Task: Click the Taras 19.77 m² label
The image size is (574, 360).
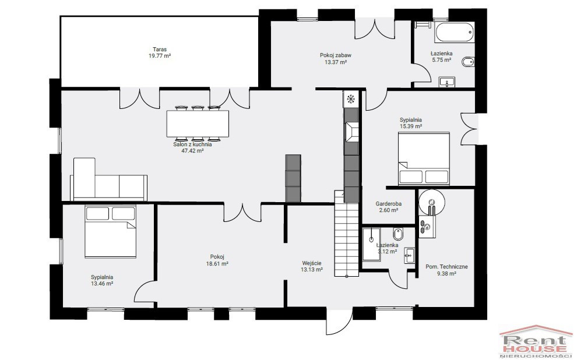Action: [160, 52]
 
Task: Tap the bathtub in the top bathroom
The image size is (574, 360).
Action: [455, 32]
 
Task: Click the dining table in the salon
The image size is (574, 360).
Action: [198, 123]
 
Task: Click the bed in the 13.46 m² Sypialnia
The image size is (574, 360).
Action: [110, 232]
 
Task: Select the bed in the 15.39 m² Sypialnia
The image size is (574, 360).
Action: [424, 158]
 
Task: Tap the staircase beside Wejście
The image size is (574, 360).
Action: [346, 234]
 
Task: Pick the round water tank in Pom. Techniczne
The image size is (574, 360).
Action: [432, 202]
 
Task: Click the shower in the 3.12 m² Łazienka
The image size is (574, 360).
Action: [371, 245]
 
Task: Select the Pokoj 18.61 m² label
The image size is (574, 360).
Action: [217, 260]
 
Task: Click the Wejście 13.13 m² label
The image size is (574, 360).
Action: [312, 266]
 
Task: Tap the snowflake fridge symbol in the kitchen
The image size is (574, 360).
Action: [351, 98]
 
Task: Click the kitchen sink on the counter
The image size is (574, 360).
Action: [351, 132]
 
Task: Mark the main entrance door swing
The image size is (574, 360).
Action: [339, 321]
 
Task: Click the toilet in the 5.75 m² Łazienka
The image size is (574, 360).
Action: [468, 62]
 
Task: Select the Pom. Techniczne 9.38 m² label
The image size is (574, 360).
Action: [446, 270]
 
